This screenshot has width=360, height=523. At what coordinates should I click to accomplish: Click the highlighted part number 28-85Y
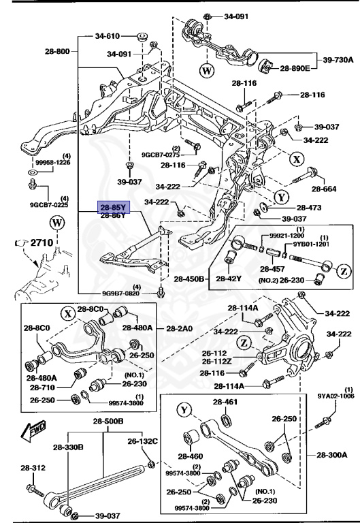pos(113,208)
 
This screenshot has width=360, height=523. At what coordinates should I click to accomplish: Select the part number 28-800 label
pos(57,51)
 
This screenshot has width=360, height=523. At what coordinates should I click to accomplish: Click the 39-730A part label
pos(338,60)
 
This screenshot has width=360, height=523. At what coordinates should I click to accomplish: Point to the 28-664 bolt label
pos(324,189)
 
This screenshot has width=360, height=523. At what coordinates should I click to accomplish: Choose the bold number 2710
pos(42,242)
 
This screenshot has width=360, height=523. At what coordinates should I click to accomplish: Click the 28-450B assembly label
pos(189,279)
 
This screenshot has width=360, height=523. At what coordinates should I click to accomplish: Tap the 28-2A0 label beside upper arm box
pos(180,328)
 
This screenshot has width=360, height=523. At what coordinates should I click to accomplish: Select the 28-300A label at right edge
pos(331,455)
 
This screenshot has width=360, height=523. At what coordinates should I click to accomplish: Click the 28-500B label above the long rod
pos(108,422)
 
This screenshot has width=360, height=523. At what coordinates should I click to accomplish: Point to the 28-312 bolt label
pos(33,468)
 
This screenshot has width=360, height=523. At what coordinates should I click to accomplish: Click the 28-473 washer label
pos(309,208)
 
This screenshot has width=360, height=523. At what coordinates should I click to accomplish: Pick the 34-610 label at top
pos(108,36)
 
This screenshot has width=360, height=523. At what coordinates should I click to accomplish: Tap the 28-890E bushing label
pos(295,68)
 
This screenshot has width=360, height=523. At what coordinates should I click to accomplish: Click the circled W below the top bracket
pos(207,71)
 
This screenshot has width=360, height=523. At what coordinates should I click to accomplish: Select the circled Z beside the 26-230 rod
pos(344,271)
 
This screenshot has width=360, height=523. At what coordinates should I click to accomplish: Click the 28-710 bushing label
pos(42,387)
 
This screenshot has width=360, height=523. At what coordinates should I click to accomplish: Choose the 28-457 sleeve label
pos(272,269)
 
